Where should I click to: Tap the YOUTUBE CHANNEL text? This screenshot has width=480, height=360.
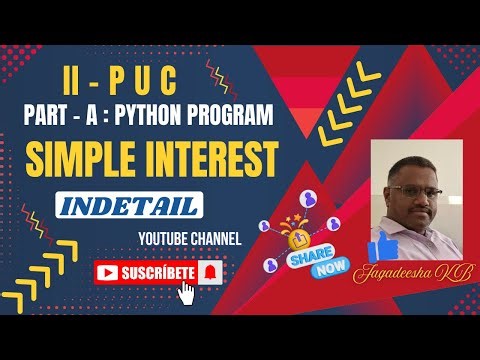click(191, 240)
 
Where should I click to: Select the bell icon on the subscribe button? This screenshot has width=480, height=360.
click(209, 271)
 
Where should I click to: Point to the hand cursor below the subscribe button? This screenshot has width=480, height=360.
click(186, 291)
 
